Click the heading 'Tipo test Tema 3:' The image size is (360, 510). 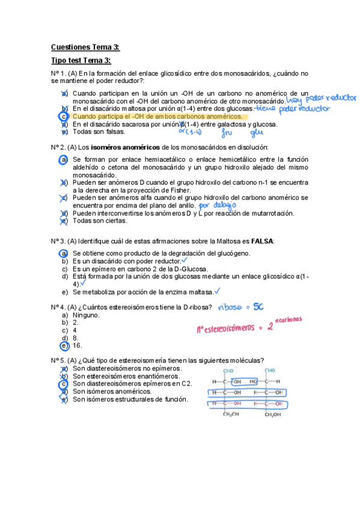click(x=81, y=61)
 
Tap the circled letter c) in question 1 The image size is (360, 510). click(x=64, y=116)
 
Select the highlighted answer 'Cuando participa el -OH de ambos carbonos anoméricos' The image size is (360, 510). click(x=157, y=116)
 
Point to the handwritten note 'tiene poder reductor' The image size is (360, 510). click(x=293, y=109)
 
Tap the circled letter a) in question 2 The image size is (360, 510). click(x=64, y=159)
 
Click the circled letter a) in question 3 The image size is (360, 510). click(x=64, y=254)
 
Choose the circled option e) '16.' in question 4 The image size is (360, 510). click(x=64, y=346)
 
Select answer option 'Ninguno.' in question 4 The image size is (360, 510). click(x=86, y=315)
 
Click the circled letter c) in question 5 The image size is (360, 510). click(x=64, y=383)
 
